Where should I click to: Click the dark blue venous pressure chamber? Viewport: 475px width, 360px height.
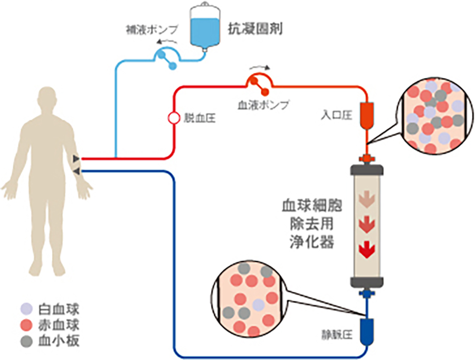(x=366, y=328)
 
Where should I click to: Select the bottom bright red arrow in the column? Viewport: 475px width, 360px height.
(x=366, y=248)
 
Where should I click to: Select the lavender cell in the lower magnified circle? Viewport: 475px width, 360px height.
(x=258, y=305)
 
